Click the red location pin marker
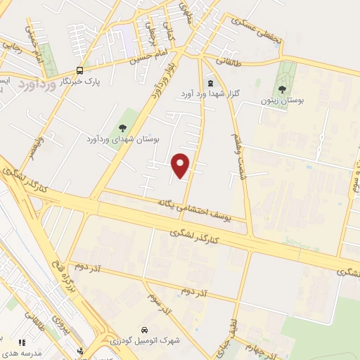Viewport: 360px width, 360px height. [x=181, y=165]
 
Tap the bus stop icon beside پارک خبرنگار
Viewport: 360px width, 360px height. [x=79, y=70]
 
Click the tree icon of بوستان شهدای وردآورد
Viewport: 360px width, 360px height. [x=122, y=128]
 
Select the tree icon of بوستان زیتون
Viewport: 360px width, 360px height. [x=282, y=89]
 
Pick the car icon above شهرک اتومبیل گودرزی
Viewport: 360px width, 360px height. [x=143, y=329]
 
